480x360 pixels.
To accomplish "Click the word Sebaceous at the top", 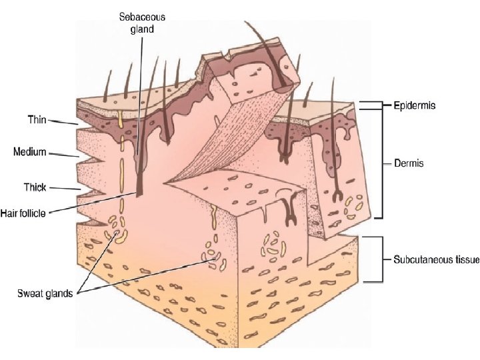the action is (x=142, y=16).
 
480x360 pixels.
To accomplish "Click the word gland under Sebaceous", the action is (x=142, y=29).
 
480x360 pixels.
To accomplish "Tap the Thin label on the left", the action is (x=37, y=119).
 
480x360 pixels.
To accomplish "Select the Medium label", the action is (x=30, y=152).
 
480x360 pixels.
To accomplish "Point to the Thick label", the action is (x=33, y=187).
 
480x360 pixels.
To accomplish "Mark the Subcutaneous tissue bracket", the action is (x=382, y=259).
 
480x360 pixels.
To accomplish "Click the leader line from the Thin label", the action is (x=63, y=123).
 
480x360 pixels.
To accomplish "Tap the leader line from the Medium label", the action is (x=64, y=155).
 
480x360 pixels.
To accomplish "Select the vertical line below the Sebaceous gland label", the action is (x=141, y=100).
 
